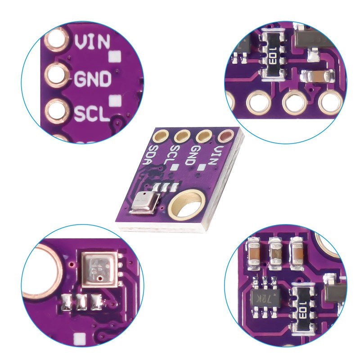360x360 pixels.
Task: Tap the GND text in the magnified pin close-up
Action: [x=92, y=79]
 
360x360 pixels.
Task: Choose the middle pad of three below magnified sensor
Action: [x=82, y=302]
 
